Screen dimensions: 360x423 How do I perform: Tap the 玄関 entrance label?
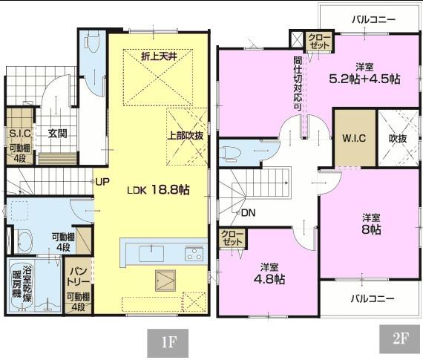pos(58,134)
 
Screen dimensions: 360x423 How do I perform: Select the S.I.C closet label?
pos(19,134)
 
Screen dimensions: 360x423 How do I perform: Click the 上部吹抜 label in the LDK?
pos(186,135)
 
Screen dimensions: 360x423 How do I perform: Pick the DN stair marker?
pos(248,213)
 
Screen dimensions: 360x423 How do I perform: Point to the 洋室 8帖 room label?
pos(371,223)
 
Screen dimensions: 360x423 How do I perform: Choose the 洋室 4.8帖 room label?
pos(269,273)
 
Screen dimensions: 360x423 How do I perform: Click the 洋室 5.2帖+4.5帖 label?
pos(364,73)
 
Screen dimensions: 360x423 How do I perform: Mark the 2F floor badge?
pos(401,339)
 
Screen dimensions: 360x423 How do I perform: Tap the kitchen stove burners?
pos(194,253)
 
